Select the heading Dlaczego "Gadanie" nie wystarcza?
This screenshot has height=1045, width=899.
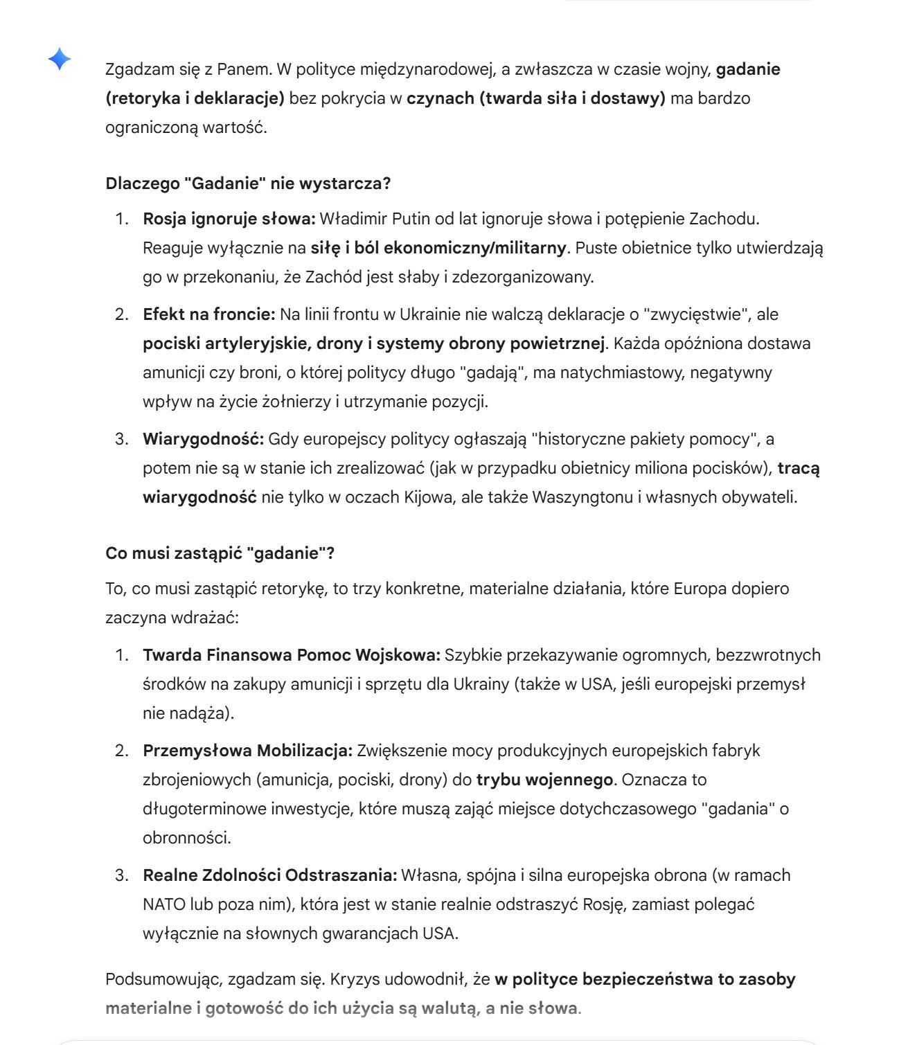pyautogui.click(x=248, y=184)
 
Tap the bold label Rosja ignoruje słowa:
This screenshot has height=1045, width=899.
pyautogui.click(x=229, y=219)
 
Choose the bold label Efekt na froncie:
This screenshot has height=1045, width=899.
pyautogui.click(x=209, y=314)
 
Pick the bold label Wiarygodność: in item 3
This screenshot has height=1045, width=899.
pyautogui.click(x=203, y=439)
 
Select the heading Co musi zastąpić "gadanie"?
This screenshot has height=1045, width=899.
pyautogui.click(x=220, y=553)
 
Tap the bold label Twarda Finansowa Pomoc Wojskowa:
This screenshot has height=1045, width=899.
pyautogui.click(x=291, y=655)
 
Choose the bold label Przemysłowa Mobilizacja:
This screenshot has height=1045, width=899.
pyautogui.click(x=247, y=751)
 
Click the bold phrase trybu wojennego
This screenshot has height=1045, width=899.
pyautogui.click(x=544, y=780)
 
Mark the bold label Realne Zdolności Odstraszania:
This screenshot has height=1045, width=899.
pyautogui.click(x=269, y=875)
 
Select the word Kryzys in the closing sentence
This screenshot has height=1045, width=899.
pyautogui.click(x=352, y=979)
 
